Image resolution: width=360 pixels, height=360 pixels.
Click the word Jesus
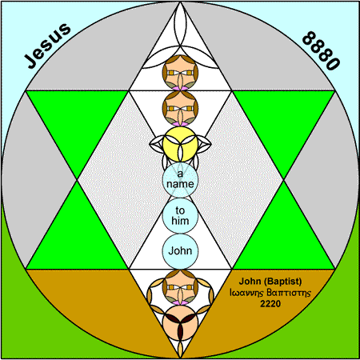tap(47, 46)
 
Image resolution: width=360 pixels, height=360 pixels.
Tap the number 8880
tap(321, 50)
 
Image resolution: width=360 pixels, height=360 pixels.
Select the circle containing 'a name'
tap(180, 180)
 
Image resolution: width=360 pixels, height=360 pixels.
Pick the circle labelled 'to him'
tap(180, 215)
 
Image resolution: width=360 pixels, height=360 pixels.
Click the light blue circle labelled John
tap(180, 251)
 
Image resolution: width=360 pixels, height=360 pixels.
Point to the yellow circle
tap(180, 144)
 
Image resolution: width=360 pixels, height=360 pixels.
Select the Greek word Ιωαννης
tap(246, 293)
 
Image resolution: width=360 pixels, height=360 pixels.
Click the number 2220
tap(270, 303)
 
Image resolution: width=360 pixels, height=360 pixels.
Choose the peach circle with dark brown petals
tap(180, 322)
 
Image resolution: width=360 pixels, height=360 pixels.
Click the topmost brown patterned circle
tap(180, 73)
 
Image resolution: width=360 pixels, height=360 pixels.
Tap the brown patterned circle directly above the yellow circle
tap(180, 109)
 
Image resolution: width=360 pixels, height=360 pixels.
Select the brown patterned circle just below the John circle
tap(180, 287)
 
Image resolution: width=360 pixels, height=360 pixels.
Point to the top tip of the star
tap(180, 2)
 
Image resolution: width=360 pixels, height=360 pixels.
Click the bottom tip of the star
tap(180, 358)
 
